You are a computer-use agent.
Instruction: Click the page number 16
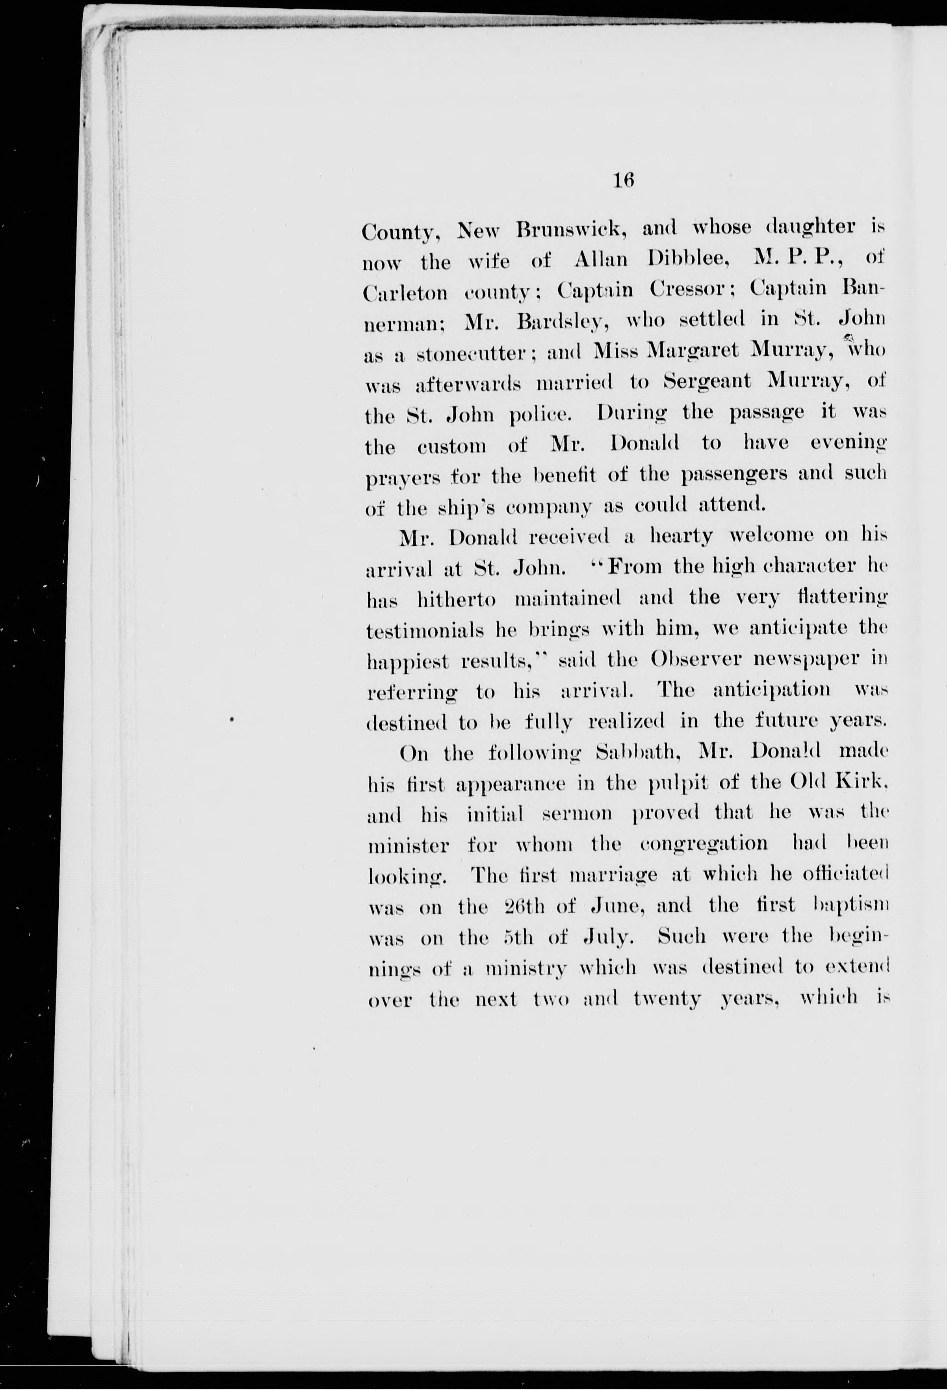tap(622, 180)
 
